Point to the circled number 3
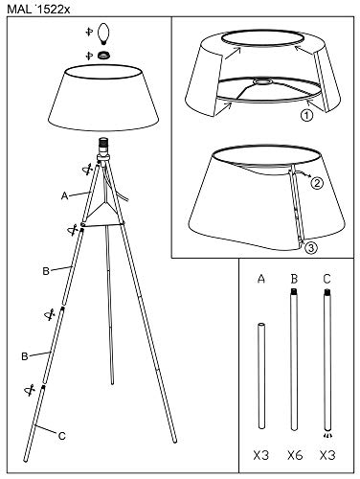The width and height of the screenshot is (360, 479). point(312,246)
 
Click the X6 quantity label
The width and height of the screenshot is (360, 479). point(293,452)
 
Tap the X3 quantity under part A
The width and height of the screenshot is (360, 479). point(258,452)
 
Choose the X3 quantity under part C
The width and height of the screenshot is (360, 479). point(327,452)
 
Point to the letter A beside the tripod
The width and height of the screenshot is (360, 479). point(64,194)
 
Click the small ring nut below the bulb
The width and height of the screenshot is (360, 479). point(102,56)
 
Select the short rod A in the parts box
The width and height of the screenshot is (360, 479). point(259,375)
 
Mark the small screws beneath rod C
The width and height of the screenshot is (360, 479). point(327,431)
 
